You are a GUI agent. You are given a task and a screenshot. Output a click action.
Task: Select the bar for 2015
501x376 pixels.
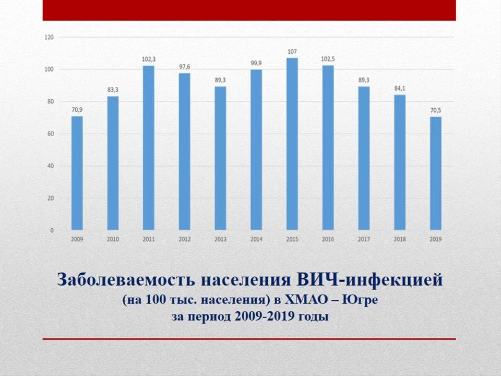(292, 144)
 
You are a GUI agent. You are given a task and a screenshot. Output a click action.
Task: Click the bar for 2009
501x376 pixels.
(77, 173)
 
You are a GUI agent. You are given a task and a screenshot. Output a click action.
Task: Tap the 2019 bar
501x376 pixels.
(436, 173)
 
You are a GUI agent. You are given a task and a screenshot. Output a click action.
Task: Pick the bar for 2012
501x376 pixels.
(185, 151)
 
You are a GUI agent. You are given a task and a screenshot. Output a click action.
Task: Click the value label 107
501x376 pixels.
(292, 52)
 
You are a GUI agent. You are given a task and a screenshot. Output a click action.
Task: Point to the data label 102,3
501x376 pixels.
(149, 59)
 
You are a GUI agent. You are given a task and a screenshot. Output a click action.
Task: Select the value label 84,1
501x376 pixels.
(400, 88)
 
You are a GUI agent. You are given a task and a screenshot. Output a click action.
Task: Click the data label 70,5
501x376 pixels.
(436, 110)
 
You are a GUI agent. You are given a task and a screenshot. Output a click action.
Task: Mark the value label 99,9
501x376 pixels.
(256, 63)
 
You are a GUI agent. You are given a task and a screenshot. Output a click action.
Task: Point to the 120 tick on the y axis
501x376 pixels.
(49, 38)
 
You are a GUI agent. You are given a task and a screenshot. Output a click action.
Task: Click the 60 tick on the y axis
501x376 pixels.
(51, 134)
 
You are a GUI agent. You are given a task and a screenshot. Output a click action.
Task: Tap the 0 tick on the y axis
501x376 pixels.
(52, 230)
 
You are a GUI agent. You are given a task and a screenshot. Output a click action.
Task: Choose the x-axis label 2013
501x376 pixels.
(220, 239)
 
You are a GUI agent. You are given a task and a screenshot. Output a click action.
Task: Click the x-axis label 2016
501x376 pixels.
(328, 239)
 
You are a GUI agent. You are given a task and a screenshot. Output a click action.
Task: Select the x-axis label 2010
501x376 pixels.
(113, 239)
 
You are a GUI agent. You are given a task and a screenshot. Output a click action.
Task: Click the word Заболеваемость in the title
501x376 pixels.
(126, 279)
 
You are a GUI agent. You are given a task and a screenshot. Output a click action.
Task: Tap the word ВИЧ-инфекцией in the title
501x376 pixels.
(370, 280)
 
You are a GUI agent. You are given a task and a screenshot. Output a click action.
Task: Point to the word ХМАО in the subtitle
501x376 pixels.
(306, 300)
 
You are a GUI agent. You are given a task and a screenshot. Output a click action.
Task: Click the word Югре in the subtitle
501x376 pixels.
(360, 300)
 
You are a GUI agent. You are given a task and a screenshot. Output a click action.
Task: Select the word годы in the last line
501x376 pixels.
(314, 317)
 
